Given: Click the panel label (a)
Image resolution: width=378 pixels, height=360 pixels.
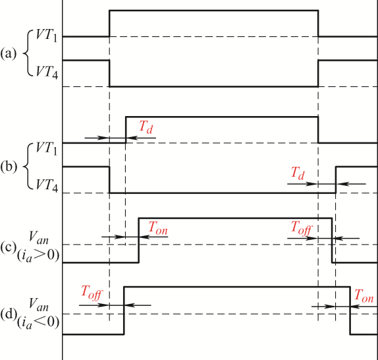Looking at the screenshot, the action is [9, 53].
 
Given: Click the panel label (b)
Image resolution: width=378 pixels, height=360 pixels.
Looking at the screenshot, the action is [9, 167].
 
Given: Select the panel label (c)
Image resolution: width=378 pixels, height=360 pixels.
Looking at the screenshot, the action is [9, 247].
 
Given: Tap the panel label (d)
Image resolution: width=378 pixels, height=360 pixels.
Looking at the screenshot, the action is [9, 315].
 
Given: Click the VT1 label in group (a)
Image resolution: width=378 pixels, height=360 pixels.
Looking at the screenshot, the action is [47, 36].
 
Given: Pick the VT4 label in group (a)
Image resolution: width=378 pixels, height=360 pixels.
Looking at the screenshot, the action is [47, 72].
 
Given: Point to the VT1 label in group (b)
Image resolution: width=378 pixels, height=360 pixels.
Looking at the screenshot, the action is [47, 148].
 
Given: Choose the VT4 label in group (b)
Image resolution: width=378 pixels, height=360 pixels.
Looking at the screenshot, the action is [47, 185].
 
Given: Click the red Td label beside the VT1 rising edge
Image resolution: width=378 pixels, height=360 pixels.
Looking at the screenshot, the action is [146, 127].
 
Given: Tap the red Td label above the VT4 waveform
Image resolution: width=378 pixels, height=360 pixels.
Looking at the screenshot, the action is [298, 173].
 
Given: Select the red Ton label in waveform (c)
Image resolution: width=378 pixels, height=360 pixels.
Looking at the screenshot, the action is [158, 228].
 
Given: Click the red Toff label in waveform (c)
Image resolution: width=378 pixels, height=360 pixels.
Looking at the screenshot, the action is [302, 228].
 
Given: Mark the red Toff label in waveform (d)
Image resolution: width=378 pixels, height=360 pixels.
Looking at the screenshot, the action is [92, 293].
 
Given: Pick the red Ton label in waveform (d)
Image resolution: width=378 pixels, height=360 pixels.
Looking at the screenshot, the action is [364, 296].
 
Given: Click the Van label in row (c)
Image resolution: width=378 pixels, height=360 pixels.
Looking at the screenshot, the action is [39, 237].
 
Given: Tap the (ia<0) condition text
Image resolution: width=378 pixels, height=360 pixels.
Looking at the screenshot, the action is [38, 322].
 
